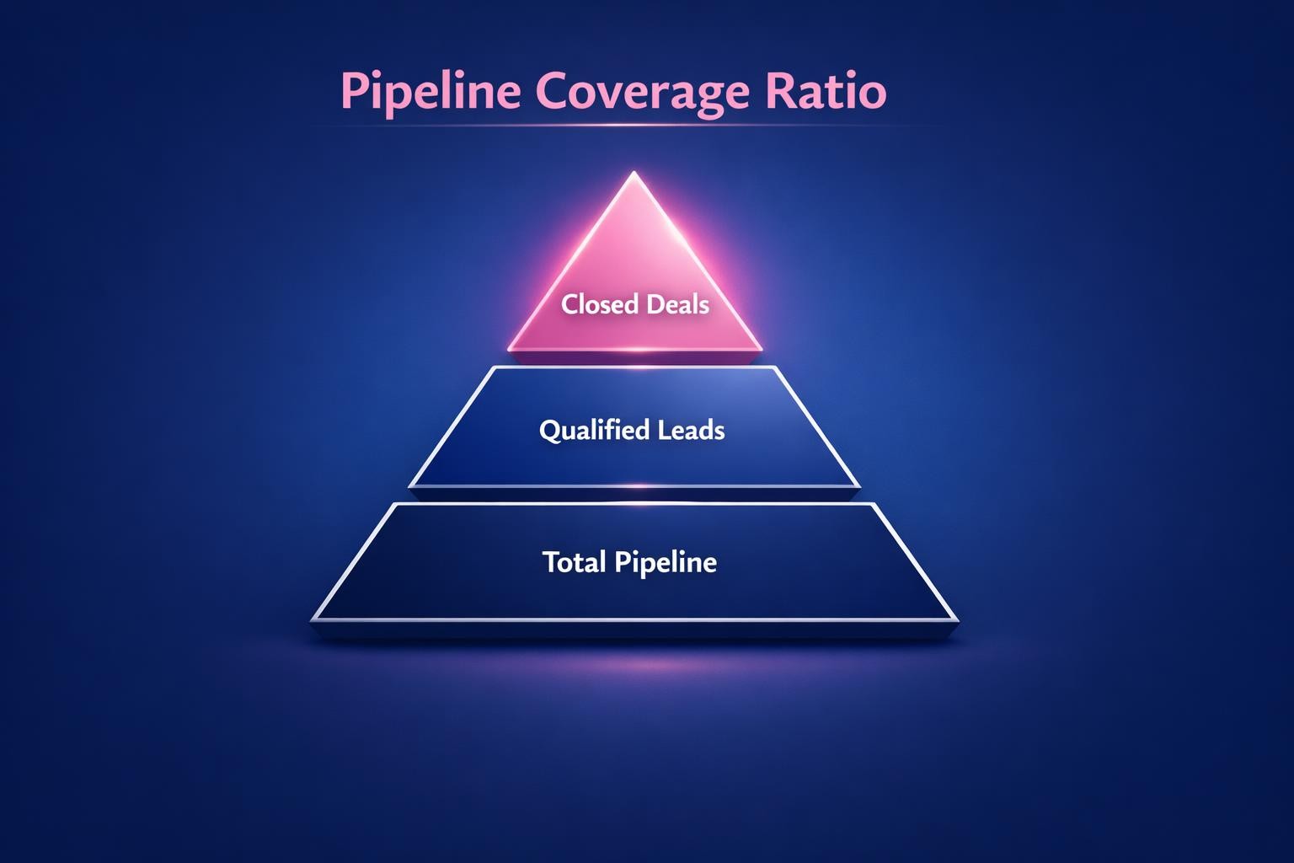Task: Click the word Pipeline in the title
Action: tap(430, 91)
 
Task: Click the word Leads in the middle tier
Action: tap(691, 431)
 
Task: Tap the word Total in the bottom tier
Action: tap(574, 562)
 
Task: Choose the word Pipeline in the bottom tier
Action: tap(665, 562)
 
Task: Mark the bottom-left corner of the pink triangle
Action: tap(510, 348)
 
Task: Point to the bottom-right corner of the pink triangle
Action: tap(761, 348)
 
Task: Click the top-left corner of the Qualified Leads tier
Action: tap(493, 368)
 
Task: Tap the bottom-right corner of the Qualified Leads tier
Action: tap(859, 485)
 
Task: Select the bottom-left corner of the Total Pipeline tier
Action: tap(313, 619)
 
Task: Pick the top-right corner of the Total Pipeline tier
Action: tap(874, 505)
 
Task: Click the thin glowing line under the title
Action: tap(623, 126)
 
